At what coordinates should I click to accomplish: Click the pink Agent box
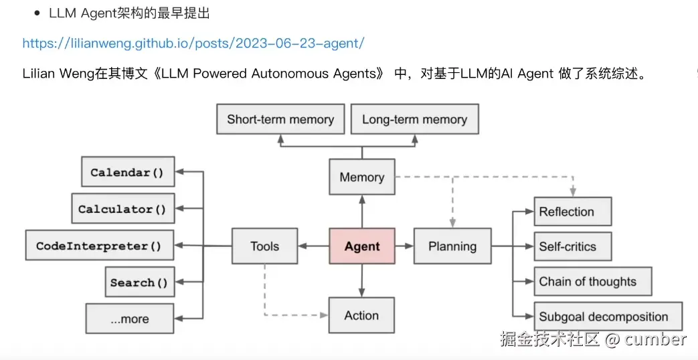pos(361,246)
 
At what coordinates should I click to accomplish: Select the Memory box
pos(361,177)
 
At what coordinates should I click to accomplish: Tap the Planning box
pos(452,246)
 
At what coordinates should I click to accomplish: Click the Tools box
pos(264,246)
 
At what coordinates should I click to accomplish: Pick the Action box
pos(361,315)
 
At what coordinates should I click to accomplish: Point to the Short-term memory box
pos(280,120)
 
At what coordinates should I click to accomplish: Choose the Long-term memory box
pos(414,120)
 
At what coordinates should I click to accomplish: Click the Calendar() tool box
pos(127,172)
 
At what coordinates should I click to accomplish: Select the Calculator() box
pos(122,209)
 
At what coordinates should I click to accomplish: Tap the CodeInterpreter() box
pos(99,246)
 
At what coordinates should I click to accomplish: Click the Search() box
pos(139,282)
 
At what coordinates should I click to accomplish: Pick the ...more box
pos(130,319)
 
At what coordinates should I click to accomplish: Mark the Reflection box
pos(572,211)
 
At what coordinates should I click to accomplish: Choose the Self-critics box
pos(572,247)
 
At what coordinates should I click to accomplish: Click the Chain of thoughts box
pos(592,282)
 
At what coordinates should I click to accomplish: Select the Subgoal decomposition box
pos(607,317)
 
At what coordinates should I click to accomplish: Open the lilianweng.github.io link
pos(193,43)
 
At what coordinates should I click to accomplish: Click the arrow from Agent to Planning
pos(404,246)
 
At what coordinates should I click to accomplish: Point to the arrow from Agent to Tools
pos(313,246)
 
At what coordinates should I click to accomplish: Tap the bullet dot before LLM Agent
pos(37,13)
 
